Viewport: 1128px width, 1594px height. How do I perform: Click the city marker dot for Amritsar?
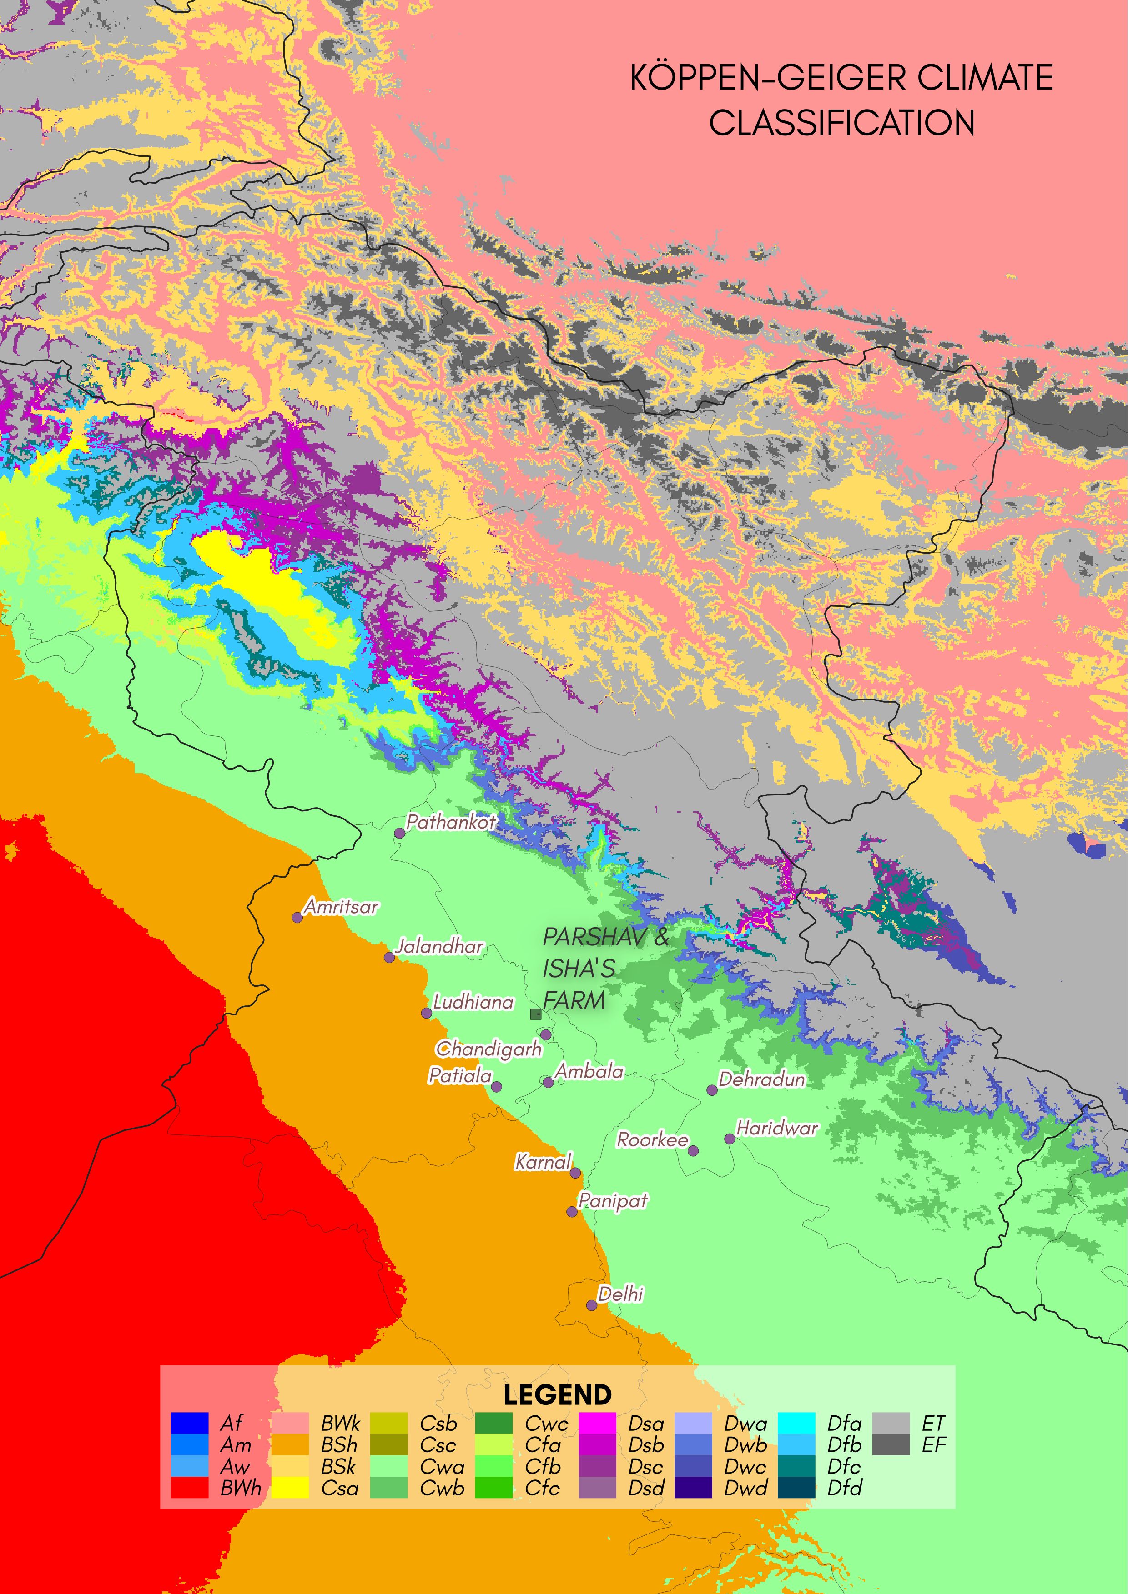click(x=297, y=917)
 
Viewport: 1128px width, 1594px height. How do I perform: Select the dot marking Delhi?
click(x=591, y=1305)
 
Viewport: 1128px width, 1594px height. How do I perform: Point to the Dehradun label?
click(x=761, y=1079)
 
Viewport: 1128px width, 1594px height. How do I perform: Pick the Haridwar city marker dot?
click(x=729, y=1139)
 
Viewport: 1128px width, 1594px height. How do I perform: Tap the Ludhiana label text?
click(x=473, y=1002)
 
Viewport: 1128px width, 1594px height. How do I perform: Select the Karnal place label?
click(x=543, y=1161)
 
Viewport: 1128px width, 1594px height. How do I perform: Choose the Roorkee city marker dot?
click(x=693, y=1150)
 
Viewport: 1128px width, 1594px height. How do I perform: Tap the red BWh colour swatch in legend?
click(x=190, y=1487)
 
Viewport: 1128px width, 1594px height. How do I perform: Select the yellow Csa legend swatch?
click(x=290, y=1487)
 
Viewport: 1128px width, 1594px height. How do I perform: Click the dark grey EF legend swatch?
click(x=891, y=1445)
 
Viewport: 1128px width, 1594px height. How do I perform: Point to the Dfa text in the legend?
click(x=844, y=1423)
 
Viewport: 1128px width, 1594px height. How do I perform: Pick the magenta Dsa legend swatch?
click(x=597, y=1423)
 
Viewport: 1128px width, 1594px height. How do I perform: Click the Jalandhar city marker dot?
click(x=390, y=957)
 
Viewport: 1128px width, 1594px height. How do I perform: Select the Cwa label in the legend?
click(x=442, y=1466)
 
